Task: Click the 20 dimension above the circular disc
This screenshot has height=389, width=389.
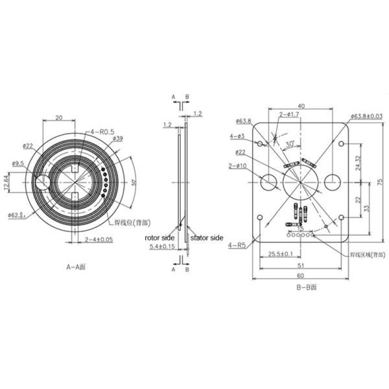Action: [59, 118]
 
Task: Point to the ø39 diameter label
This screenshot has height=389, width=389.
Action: [117, 139]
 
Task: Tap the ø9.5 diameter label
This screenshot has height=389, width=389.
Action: [18, 163]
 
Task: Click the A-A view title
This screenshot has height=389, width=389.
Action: [78, 266]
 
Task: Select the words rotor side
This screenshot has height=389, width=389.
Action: [159, 239]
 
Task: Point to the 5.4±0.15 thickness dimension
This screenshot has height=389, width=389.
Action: [161, 247]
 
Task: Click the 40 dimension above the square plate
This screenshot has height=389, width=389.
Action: [301, 106]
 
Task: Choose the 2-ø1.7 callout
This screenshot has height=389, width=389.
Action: [289, 115]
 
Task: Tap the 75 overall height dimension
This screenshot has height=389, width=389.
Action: [381, 182]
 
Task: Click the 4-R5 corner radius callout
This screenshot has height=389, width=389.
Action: [237, 246]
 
